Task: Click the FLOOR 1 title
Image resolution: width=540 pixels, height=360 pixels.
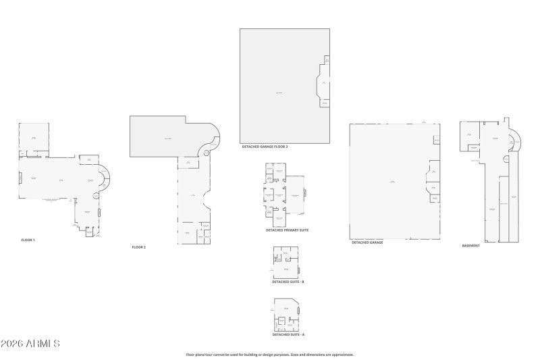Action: [28, 240]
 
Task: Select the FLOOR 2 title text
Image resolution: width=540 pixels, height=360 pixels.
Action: [139, 247]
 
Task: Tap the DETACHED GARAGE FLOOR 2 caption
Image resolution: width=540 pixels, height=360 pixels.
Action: [265, 147]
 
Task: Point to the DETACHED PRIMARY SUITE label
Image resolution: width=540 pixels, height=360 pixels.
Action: [287, 230]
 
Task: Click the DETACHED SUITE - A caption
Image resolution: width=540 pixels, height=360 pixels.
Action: [288, 334]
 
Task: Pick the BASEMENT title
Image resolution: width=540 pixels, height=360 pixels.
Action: [471, 245]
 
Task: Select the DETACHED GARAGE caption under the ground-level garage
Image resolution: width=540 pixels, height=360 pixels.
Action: [367, 242]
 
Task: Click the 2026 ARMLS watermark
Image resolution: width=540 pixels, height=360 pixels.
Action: [30, 344]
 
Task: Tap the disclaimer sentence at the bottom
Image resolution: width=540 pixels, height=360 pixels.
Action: [270, 354]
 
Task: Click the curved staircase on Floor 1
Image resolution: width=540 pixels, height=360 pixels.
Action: [105, 179]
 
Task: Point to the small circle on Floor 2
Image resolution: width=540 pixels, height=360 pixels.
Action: [207, 152]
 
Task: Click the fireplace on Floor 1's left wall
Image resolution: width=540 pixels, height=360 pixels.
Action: [20, 178]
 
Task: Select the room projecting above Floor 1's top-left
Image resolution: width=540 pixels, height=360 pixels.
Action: [32, 138]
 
